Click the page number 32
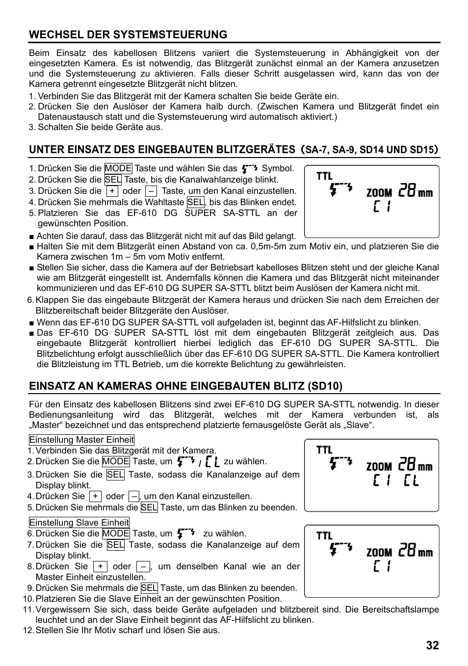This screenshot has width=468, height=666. click(x=432, y=646)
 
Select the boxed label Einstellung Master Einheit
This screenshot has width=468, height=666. click(x=81, y=440)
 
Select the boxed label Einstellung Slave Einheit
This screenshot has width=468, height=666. click(x=79, y=523)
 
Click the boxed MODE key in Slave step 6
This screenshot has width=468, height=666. click(x=116, y=533)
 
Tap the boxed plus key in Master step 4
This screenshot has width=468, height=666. click(x=95, y=496)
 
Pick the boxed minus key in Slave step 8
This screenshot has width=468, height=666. click(x=143, y=566)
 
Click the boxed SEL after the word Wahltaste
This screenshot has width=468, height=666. click(x=195, y=202)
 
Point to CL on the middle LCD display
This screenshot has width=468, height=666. click(x=411, y=481)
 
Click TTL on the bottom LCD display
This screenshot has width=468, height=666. click(x=324, y=535)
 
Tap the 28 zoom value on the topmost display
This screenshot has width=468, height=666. click(x=407, y=190)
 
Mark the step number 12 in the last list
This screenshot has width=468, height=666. click(x=27, y=630)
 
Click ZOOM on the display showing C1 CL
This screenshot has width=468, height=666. click(x=379, y=466)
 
